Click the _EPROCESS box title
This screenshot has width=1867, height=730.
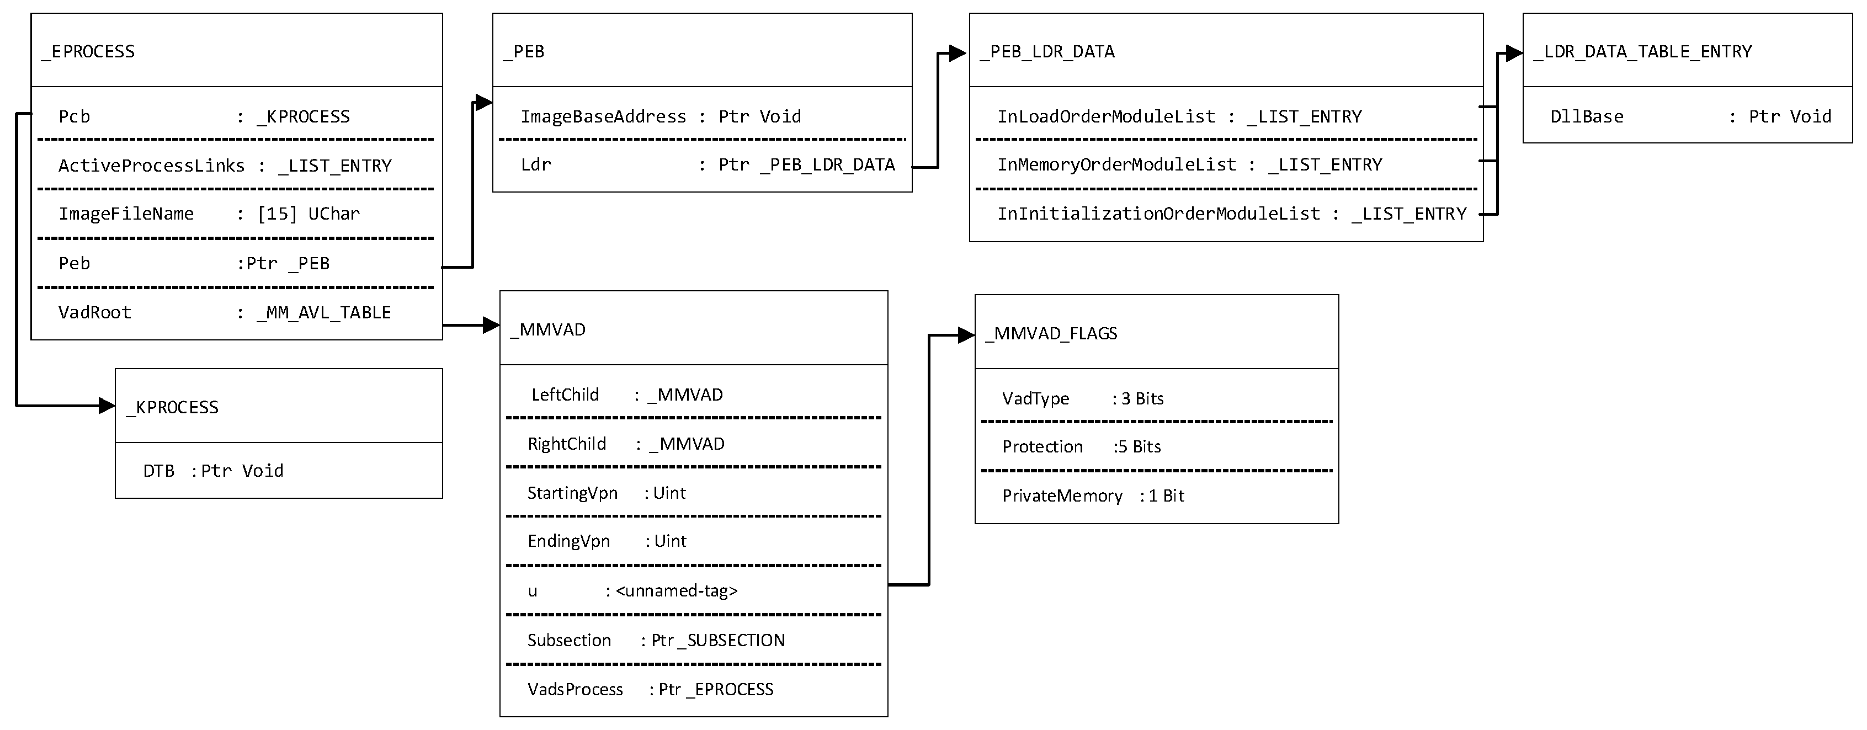[88, 51]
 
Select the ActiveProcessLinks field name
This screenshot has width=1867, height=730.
[151, 166]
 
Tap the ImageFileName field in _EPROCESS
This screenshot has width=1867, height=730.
[126, 214]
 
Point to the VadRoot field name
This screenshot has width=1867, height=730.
[95, 312]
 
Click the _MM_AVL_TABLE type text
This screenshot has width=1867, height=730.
[323, 312]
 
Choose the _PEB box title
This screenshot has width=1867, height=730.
[524, 51]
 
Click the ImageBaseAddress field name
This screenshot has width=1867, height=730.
[603, 117]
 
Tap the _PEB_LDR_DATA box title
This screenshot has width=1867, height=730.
[1047, 51]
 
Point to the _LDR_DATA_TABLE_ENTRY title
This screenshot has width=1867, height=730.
[1642, 51]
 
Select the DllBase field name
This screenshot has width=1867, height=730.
[1587, 117]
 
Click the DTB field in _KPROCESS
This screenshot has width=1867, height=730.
[159, 471]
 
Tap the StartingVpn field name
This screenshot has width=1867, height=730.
[572, 493]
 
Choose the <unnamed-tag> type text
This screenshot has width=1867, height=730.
[676, 591]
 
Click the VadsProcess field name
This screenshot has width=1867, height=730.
[575, 689]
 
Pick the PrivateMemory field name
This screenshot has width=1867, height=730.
[1062, 496]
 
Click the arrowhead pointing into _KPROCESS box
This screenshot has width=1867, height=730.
[107, 406]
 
